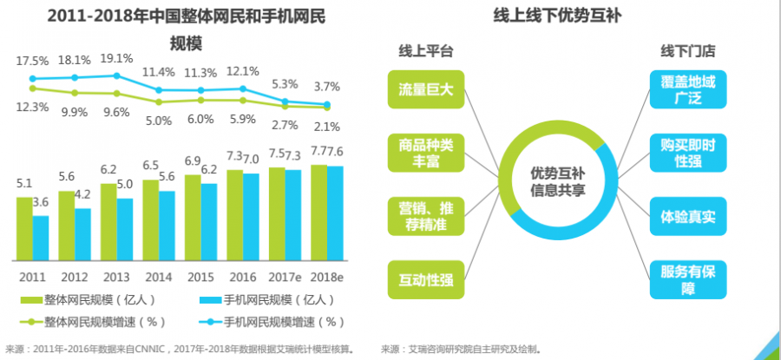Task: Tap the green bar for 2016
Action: tap(234, 216)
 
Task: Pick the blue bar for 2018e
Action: tap(334, 214)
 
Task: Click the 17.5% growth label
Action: tap(32, 61)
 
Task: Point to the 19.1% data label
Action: tap(116, 59)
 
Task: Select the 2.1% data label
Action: tap(326, 128)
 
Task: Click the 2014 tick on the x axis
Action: tap(159, 277)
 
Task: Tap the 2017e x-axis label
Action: tap(285, 277)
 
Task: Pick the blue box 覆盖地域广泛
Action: tap(687, 89)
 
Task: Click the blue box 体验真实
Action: tap(687, 215)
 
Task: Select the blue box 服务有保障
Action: tap(687, 279)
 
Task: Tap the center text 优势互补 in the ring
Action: tap(557, 173)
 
